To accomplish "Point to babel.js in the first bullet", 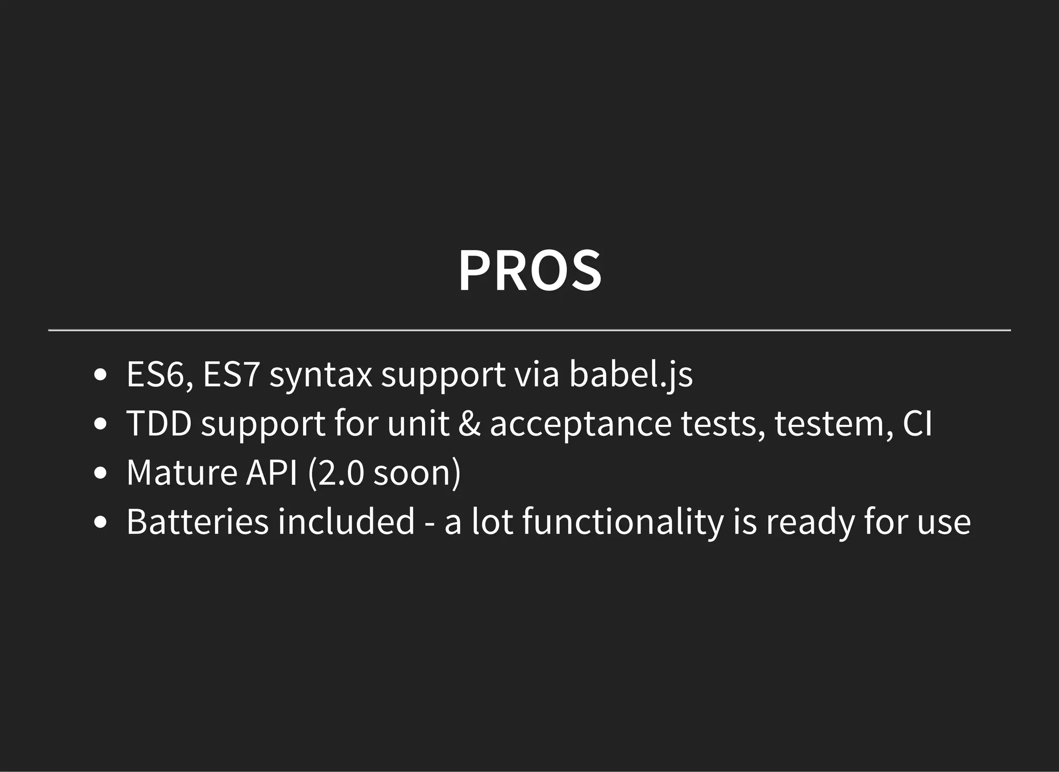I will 631,375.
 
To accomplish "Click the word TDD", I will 159,424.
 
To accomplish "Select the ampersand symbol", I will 469,424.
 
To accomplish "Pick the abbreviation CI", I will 917,424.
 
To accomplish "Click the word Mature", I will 181,472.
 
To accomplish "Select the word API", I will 272,472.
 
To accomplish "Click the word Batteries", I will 197,521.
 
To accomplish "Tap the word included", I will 346,521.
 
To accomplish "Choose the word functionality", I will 623,522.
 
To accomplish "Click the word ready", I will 810,522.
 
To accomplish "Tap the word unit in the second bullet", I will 418,424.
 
